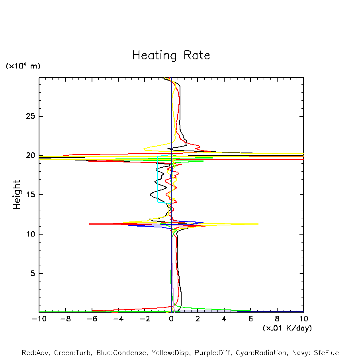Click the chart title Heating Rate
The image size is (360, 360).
[x=171, y=55]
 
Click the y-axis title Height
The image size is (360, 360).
[x=17, y=195]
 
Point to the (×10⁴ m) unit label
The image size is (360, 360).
[x=23, y=66]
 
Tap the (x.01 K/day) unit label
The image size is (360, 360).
[x=287, y=328]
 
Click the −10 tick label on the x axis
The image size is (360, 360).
[x=38, y=319]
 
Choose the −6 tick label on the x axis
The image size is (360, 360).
[x=92, y=319]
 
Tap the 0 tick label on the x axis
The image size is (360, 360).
[x=171, y=319]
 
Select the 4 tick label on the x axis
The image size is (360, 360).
[x=224, y=319]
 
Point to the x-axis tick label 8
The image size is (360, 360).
[x=277, y=319]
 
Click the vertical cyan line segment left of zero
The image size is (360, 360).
[x=158, y=179]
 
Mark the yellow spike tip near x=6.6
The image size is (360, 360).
[x=258, y=224]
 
